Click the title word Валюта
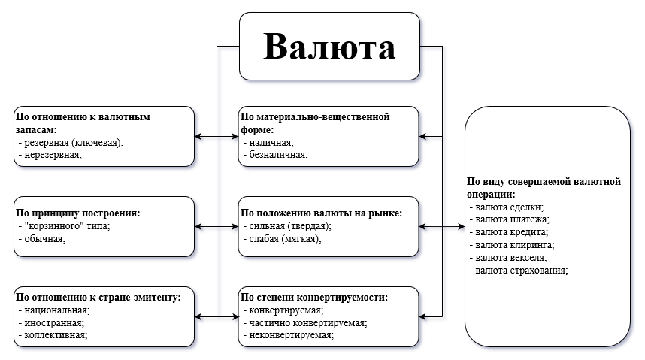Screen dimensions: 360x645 (x=329, y=47)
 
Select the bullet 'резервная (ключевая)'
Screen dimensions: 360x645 (x=71, y=142)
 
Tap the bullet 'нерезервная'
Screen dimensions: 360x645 (x=50, y=154)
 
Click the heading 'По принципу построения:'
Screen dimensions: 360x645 (x=77, y=213)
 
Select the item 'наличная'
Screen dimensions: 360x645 (x=269, y=142)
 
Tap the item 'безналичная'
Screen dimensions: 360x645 (x=277, y=154)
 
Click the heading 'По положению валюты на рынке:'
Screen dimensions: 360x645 (x=321, y=213)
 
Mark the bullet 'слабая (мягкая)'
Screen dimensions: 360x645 (x=284, y=238)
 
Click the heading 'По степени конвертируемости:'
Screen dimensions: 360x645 (x=314, y=297)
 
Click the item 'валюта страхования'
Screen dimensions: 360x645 (x=519, y=270)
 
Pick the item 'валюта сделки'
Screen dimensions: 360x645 (x=507, y=207)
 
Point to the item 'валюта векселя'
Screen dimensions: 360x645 (x=510, y=258)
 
